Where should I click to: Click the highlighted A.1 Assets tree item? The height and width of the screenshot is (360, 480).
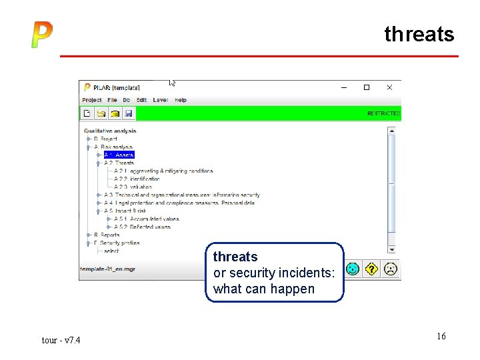tap(119, 155)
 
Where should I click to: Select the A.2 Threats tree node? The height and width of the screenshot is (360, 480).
tap(119, 163)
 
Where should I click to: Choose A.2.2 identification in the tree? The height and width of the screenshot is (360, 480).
tap(137, 179)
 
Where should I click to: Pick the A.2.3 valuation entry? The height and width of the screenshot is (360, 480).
tap(133, 187)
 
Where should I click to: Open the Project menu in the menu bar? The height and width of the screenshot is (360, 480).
tap(92, 100)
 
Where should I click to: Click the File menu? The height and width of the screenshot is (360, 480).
tap(112, 100)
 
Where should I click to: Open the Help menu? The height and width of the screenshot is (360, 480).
tap(181, 100)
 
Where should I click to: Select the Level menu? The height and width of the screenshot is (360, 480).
tap(160, 100)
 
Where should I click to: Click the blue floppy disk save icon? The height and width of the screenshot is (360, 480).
tap(129, 113)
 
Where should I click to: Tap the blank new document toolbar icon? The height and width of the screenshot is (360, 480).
tap(87, 113)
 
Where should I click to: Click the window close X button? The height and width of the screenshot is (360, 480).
tap(389, 87)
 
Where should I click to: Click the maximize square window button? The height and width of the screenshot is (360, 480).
tap(366, 87)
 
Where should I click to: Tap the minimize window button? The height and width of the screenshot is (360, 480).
tap(344, 87)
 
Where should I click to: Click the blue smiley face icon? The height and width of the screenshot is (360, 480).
tap(353, 269)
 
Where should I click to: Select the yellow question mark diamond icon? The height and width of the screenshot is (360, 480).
tap(371, 269)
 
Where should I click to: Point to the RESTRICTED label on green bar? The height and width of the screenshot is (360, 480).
tap(383, 113)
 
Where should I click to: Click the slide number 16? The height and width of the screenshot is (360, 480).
tap(441, 336)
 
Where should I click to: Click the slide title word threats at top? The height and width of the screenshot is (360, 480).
tap(419, 34)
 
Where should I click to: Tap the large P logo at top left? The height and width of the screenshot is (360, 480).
tap(41, 35)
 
